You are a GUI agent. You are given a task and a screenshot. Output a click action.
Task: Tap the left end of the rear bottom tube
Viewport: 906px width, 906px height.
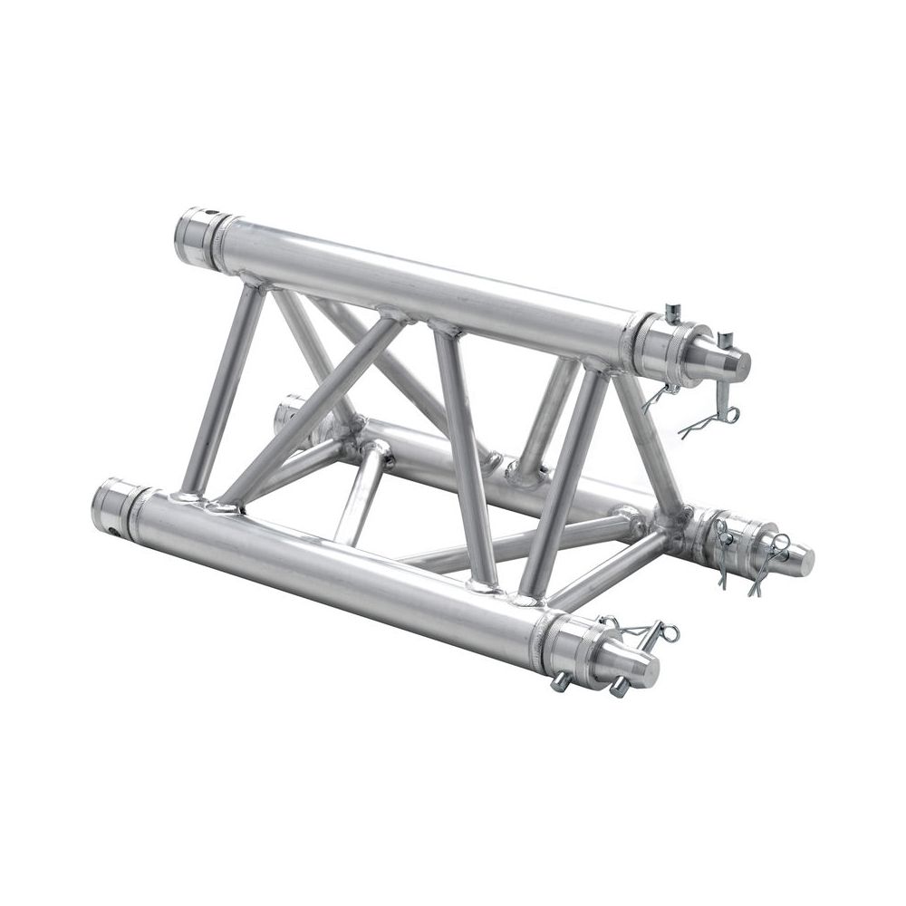pyautogui.click(x=288, y=412)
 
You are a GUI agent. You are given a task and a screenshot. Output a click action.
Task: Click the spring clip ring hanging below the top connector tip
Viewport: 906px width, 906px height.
pyautogui.click(x=716, y=419)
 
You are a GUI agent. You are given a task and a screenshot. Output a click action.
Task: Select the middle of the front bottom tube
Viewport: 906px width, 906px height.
pyautogui.click(x=344, y=571)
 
